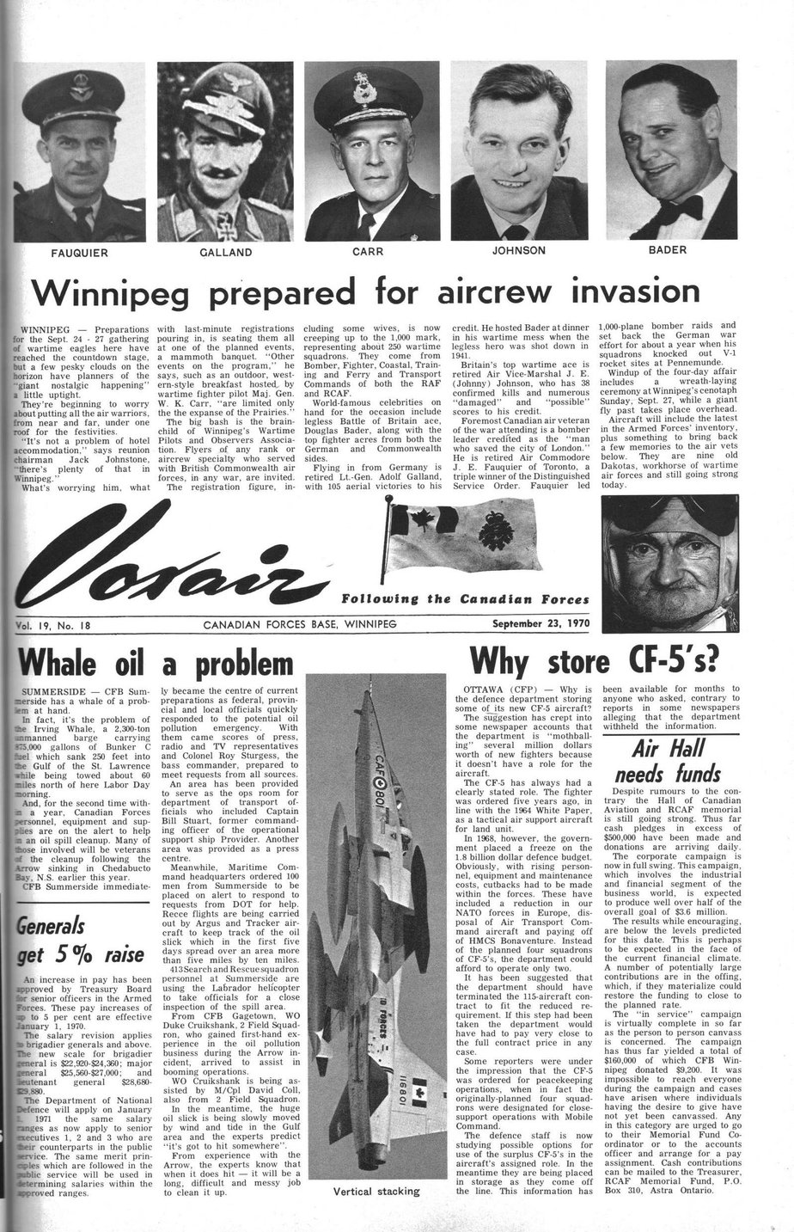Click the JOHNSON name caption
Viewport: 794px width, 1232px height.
518,251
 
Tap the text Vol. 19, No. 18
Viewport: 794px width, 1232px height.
61,625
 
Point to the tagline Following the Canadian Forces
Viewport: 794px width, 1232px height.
465,599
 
